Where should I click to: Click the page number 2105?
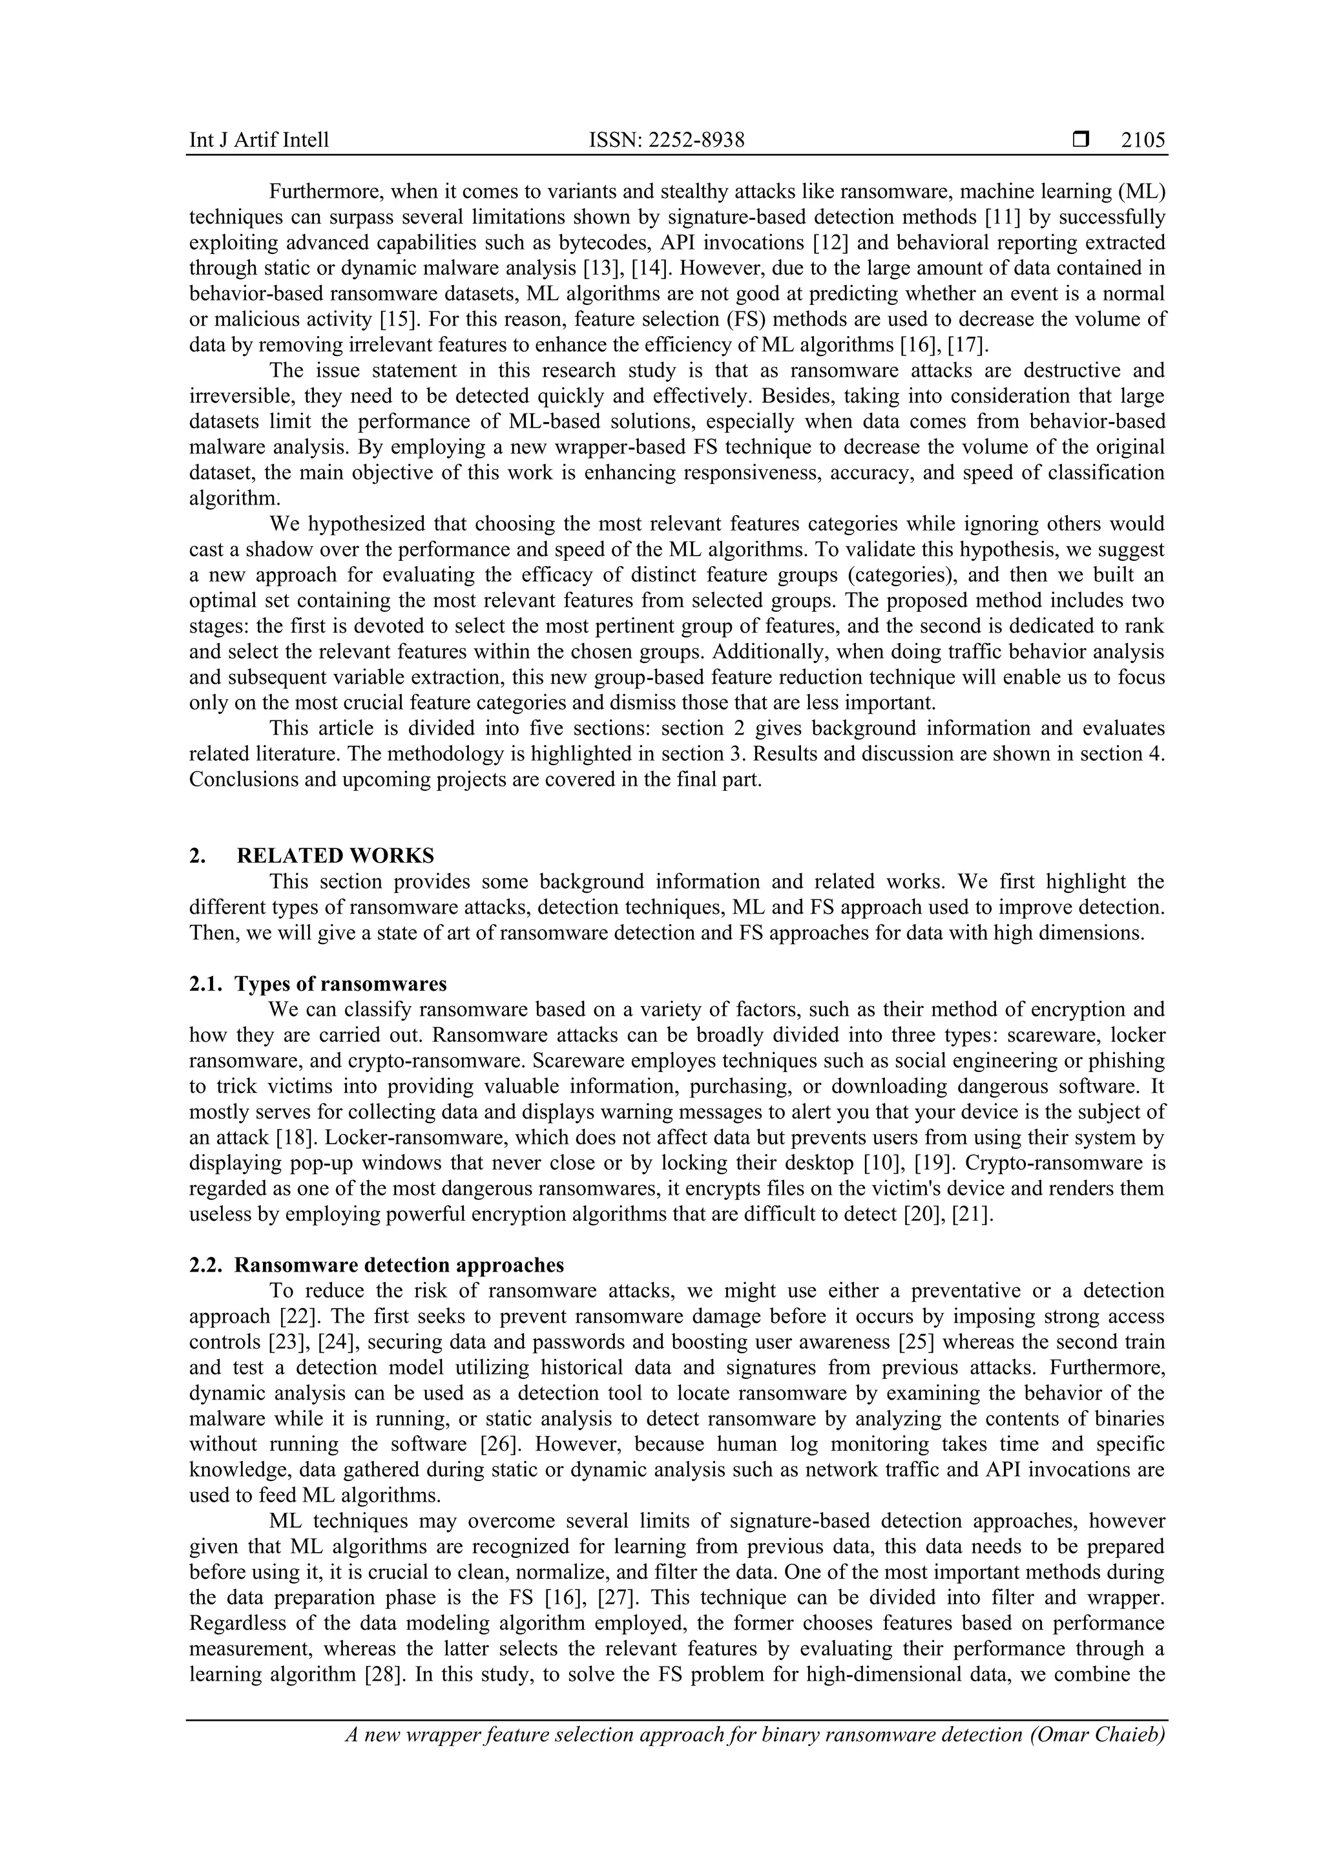[1143, 141]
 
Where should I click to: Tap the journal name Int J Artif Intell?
[259, 141]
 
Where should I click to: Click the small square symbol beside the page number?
[1081, 140]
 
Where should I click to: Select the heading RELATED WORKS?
[335, 856]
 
